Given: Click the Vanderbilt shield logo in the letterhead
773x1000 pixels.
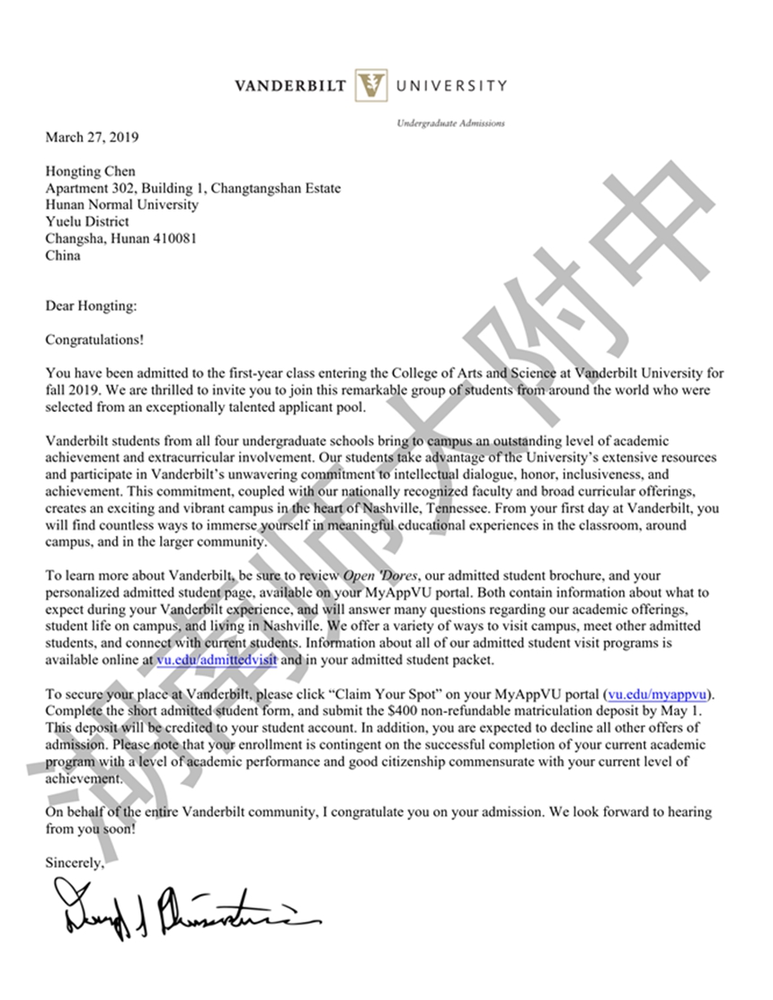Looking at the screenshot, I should pyautogui.click(x=370, y=86).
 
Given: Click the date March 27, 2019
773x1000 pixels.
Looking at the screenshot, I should pyautogui.click(x=93, y=138).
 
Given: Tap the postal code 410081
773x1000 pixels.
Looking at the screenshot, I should pyautogui.click(x=176, y=238).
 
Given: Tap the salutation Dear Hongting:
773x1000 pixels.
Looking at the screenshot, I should pyautogui.click(x=91, y=307).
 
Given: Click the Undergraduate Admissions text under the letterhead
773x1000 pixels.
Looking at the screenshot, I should pyautogui.click(x=450, y=123).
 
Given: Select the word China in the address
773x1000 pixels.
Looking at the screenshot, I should pyautogui.click(x=63, y=255).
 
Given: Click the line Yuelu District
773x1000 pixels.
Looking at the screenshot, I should pyautogui.click(x=87, y=221).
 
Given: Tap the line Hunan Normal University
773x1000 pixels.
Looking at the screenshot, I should pyautogui.click(x=122, y=205).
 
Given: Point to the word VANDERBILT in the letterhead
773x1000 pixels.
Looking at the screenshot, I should pyautogui.click(x=291, y=86).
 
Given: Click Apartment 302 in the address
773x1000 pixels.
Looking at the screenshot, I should pyautogui.click(x=89, y=188).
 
